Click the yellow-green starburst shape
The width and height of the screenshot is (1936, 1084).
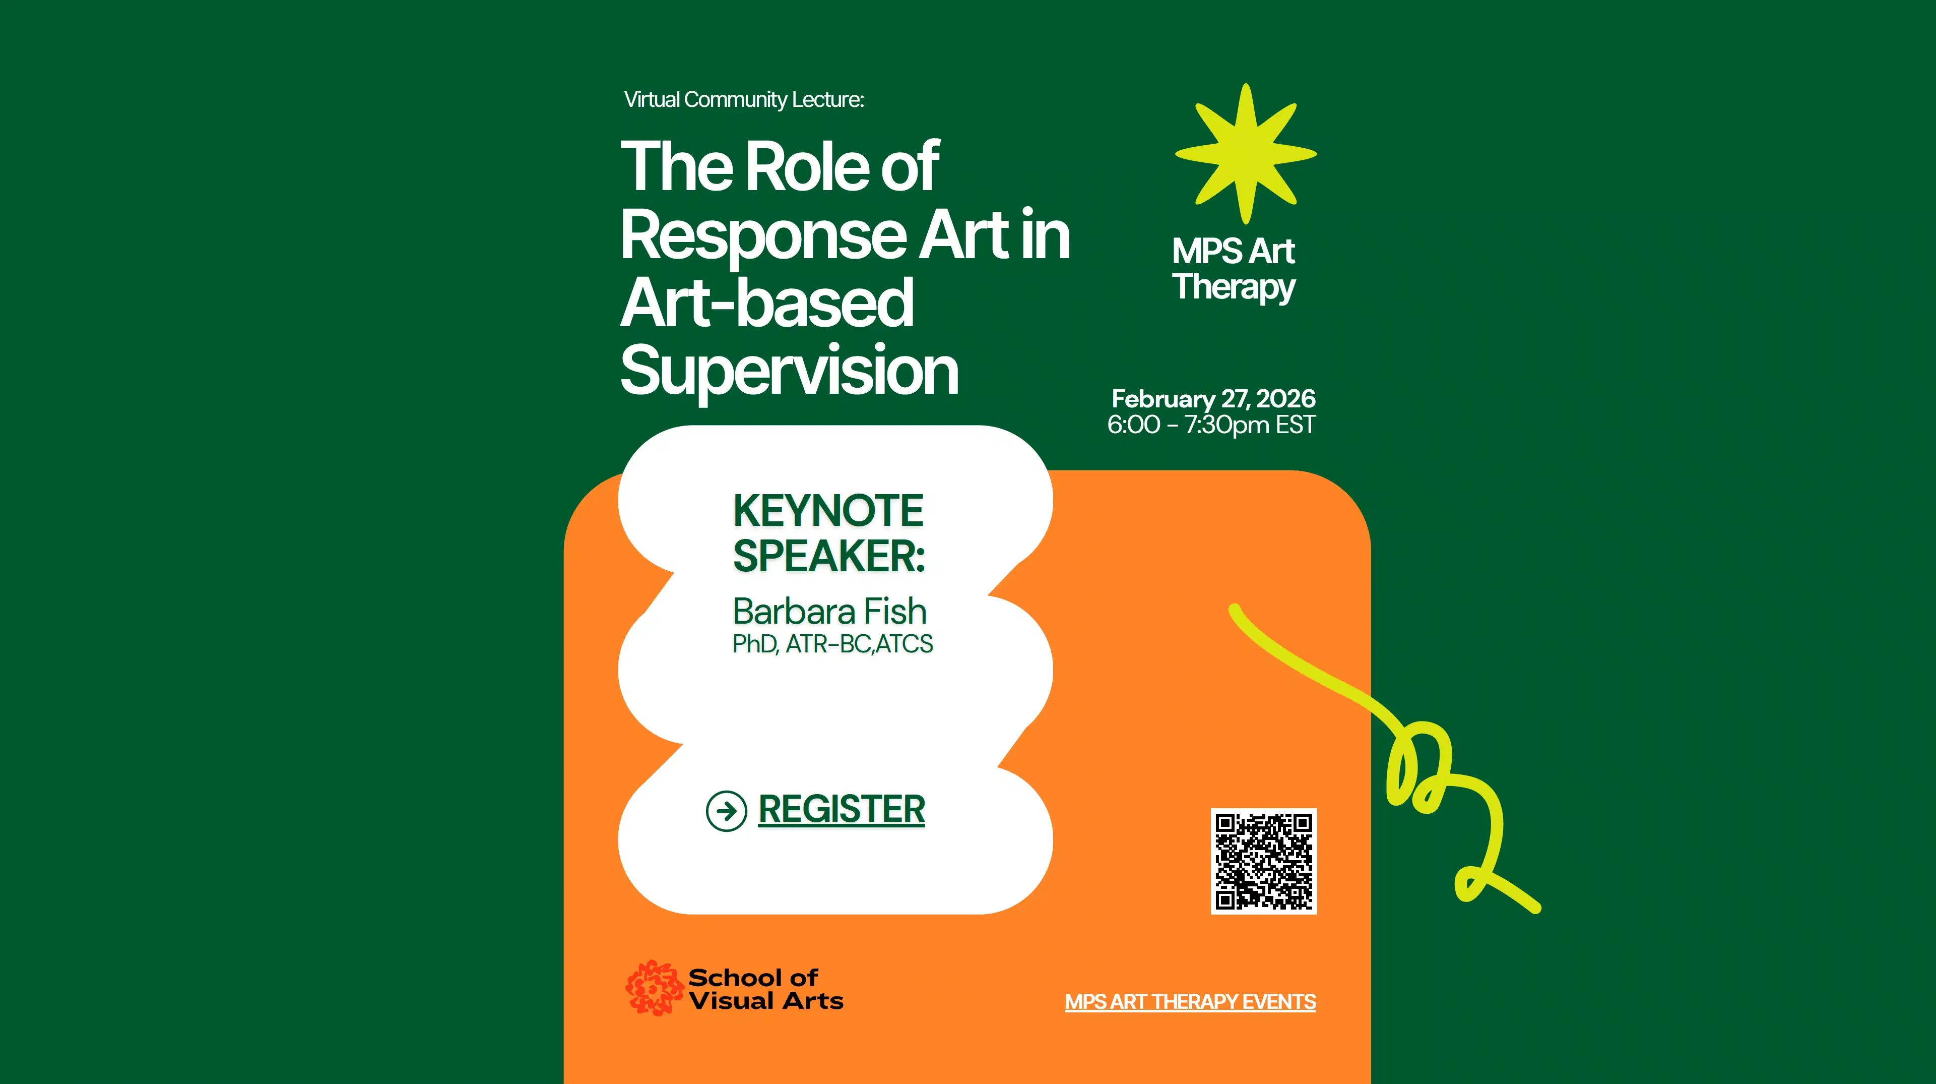point(1245,154)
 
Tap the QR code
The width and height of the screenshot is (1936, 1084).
point(1263,861)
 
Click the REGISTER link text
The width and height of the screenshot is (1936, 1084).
point(841,809)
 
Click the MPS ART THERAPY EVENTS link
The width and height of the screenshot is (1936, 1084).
point(1190,1001)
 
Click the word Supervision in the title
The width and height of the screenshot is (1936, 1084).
point(789,370)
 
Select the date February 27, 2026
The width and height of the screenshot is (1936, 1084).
point(1213,398)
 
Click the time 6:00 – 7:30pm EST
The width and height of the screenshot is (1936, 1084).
point(1211,425)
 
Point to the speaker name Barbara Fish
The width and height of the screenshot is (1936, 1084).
point(829,611)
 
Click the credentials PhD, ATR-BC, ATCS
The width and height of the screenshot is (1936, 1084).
point(832,644)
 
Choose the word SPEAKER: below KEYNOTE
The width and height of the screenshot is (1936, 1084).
point(828,556)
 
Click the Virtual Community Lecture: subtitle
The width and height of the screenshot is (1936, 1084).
point(743,99)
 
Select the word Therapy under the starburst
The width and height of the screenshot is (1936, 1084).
point(1233,287)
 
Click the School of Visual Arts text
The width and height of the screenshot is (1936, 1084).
point(765,989)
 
